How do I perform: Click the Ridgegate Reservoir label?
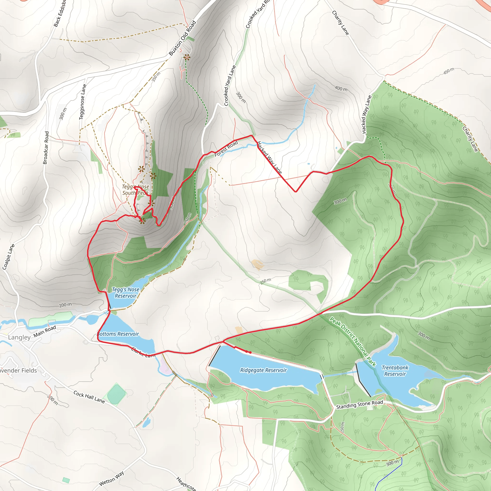tap(263, 370)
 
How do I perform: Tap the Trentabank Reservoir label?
tap(395, 371)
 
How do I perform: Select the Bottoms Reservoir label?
tap(118, 334)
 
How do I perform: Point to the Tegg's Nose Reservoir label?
tap(126, 292)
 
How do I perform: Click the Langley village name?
tap(19, 337)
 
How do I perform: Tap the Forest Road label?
tap(226, 148)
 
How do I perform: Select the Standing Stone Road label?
tap(359, 405)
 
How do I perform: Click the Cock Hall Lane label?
tap(89, 397)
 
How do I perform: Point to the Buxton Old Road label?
tap(182, 38)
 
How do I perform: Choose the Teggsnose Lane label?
tap(83, 102)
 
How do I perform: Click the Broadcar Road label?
tap(46, 148)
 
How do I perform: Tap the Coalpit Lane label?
tap(9, 257)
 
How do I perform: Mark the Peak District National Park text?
tap(352, 342)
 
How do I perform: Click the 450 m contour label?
tap(449, 71)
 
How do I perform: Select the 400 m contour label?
tap(341, 89)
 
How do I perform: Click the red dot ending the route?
tap(250, 352)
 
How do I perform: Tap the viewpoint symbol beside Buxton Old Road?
tap(187, 58)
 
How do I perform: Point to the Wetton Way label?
tap(111, 478)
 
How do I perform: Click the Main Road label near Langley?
tap(45, 331)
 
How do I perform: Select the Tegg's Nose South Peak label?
tap(135, 190)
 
